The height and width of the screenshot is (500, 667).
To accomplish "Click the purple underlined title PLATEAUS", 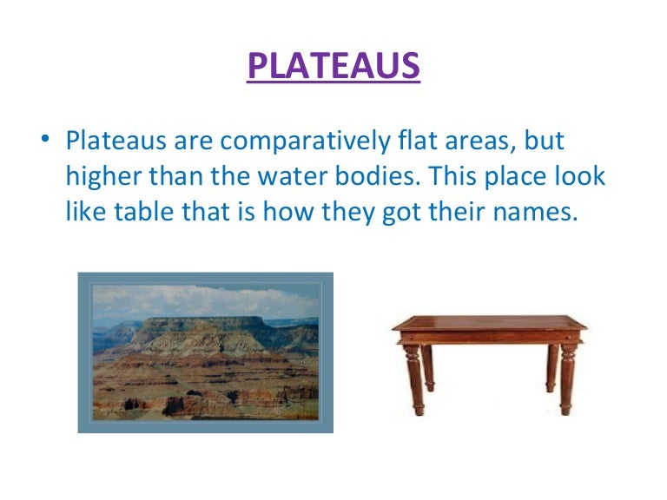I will [x=333, y=66].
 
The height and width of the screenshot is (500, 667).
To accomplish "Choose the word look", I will [x=583, y=176].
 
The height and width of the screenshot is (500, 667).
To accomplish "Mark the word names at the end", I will [x=533, y=212].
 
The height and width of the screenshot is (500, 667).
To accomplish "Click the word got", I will [x=390, y=212].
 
